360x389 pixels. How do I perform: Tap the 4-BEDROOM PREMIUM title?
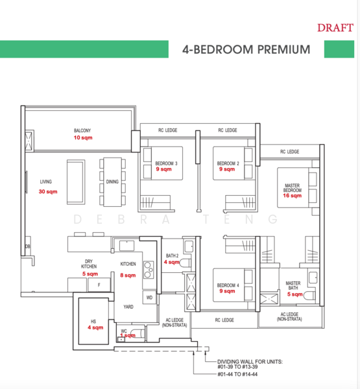[246, 49]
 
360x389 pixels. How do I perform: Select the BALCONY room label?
[82, 130]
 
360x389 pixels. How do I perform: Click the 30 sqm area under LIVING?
[47, 192]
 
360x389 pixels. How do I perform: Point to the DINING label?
[112, 182]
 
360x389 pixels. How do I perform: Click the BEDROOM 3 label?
[166, 163]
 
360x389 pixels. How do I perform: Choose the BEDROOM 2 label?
[228, 163]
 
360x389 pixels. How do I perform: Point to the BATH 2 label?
[172, 255]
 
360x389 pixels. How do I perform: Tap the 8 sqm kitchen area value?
[127, 275]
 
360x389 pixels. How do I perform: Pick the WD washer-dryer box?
[149, 298]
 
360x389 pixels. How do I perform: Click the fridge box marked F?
[99, 285]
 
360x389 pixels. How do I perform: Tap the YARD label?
[128, 307]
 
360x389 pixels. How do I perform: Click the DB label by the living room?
[27, 247]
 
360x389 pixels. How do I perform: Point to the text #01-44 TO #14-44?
[237, 375]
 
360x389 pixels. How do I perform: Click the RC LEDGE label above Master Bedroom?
[289, 152]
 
